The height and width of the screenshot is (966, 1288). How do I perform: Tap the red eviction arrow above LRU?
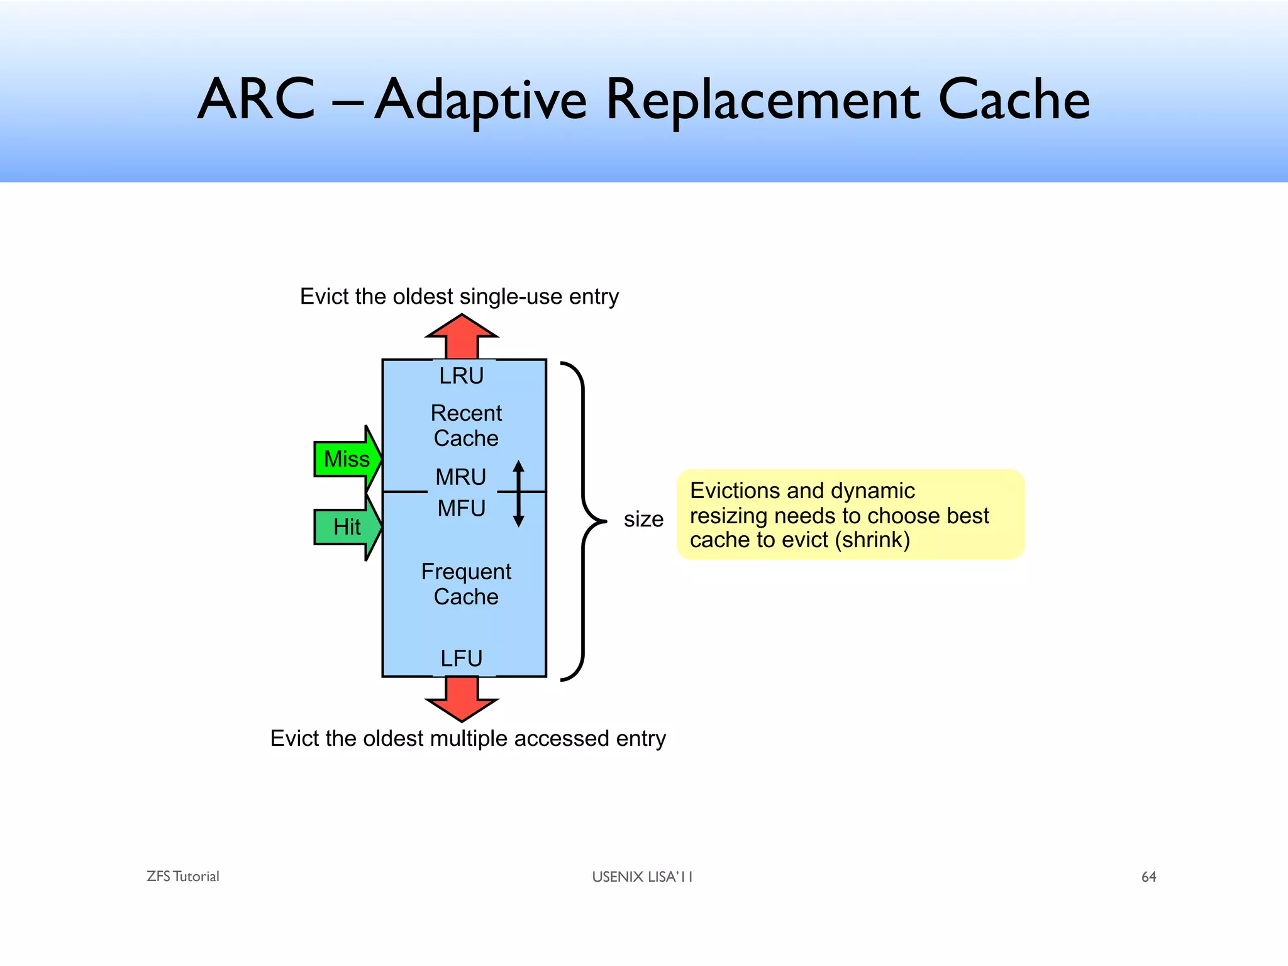point(462,336)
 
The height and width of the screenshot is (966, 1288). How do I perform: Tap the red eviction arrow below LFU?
point(462,698)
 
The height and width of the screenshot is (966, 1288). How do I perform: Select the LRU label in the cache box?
point(462,376)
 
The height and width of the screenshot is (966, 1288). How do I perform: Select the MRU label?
point(461,477)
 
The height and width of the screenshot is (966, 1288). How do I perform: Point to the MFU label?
point(462,508)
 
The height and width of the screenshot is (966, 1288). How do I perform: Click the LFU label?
point(462,658)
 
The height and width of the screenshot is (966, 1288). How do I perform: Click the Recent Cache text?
point(466,426)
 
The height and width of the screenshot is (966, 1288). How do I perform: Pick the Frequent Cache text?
point(466,584)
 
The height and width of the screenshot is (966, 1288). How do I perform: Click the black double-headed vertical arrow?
point(519,494)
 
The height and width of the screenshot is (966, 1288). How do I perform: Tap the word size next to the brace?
point(643,519)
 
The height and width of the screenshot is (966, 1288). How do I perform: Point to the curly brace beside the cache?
point(584,521)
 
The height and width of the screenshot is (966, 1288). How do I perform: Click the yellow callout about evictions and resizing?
point(850,514)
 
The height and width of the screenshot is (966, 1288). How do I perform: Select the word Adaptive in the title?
point(480,101)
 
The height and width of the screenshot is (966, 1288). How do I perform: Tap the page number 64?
point(1148,877)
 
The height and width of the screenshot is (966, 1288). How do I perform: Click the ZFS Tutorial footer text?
point(183,877)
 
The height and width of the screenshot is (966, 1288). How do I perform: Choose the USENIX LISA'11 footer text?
point(642,877)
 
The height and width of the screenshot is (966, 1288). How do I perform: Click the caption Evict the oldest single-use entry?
point(459,297)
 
